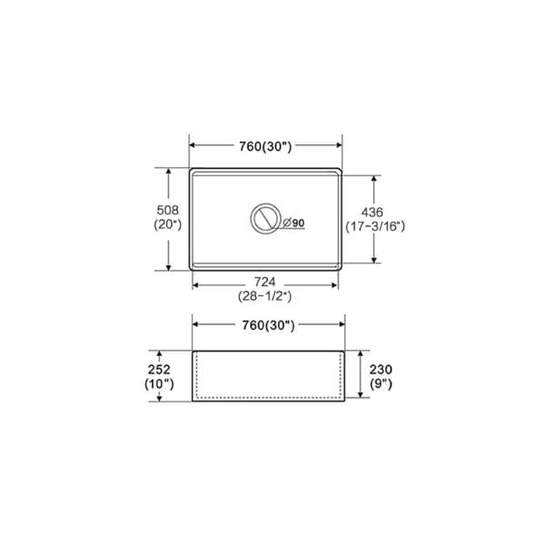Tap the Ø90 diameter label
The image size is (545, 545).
(293, 223)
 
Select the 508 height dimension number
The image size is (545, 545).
(168, 210)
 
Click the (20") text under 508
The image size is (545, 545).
(168, 224)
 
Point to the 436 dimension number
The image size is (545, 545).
(372, 212)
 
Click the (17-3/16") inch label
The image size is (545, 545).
(375, 226)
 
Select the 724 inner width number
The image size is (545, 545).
(265, 282)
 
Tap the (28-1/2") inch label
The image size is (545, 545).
(265, 296)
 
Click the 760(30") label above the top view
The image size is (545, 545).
(265, 146)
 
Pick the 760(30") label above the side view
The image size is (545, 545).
(268, 326)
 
